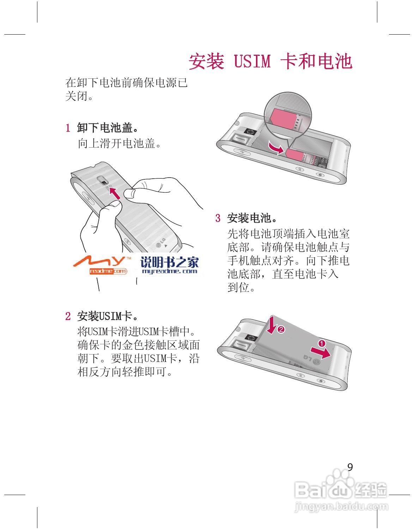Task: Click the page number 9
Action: tap(350, 467)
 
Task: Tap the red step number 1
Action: tap(68, 128)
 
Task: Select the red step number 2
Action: tap(68, 316)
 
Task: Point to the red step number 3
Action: tap(218, 218)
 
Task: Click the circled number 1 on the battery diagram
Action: tap(322, 344)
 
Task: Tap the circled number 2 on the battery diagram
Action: tap(281, 330)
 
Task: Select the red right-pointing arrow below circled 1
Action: tap(321, 352)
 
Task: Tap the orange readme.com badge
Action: tap(108, 271)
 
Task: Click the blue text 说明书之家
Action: tap(170, 262)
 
